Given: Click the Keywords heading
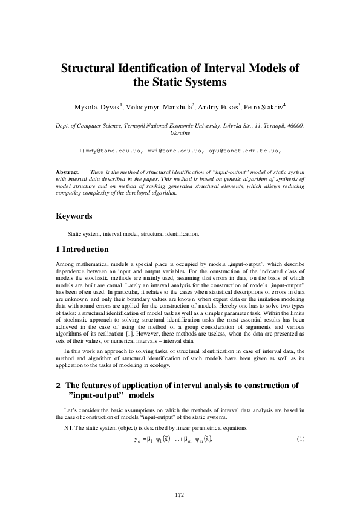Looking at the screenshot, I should pyautogui.click(x=74, y=216).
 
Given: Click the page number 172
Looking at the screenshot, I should pyautogui.click(x=179, y=495).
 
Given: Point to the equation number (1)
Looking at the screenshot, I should pyautogui.click(x=299, y=438).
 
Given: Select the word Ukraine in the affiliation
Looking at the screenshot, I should pyautogui.click(x=180, y=132).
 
